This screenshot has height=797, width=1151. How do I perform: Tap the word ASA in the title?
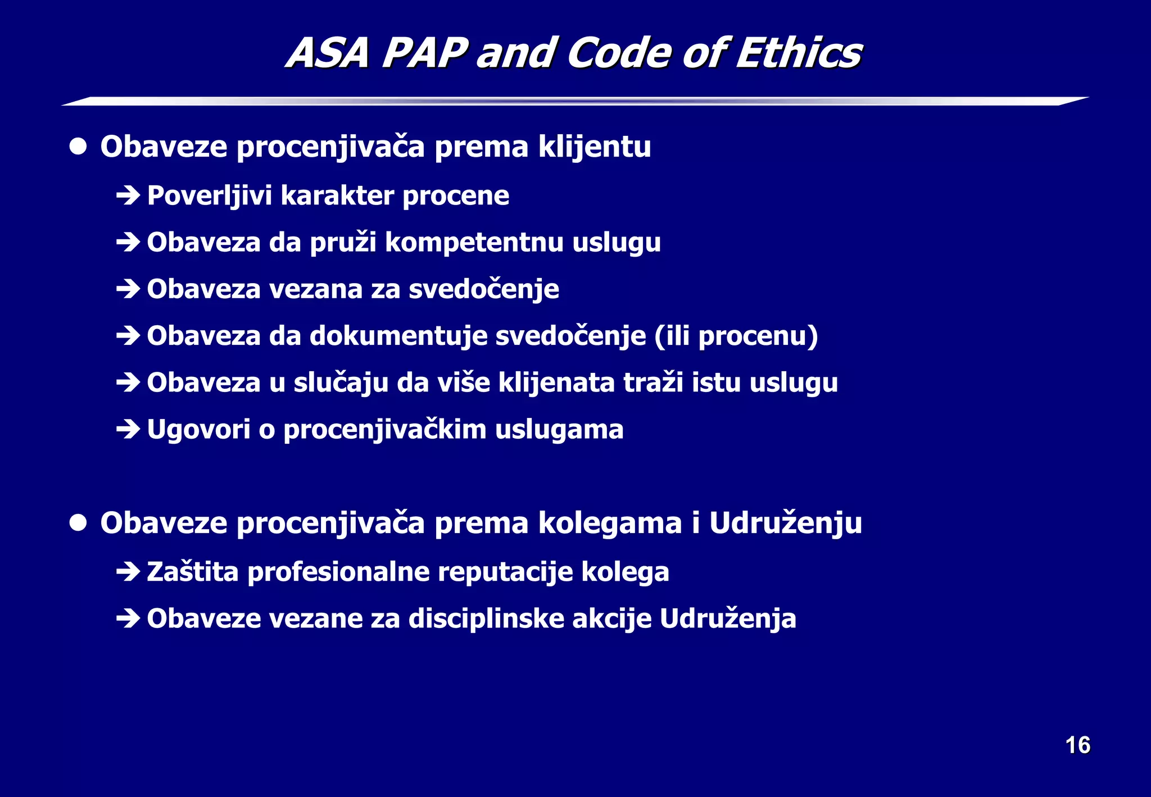[x=328, y=53]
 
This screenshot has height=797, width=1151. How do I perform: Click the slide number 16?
[x=1077, y=745]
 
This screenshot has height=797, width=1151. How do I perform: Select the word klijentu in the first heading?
[x=594, y=147]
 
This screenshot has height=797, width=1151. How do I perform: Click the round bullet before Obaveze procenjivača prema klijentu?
[x=78, y=147]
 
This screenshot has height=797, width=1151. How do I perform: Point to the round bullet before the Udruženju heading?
[x=78, y=523]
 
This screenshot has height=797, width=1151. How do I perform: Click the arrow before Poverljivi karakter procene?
[x=128, y=196]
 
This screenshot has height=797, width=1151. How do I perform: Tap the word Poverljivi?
[x=209, y=196]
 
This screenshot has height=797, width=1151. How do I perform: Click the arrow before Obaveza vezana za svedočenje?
[x=128, y=289]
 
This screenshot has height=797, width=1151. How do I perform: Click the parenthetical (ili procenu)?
[x=736, y=336]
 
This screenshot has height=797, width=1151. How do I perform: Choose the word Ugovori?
[x=198, y=430]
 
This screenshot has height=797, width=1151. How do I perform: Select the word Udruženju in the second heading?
[x=785, y=523]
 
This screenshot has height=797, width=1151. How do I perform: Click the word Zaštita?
[x=192, y=572]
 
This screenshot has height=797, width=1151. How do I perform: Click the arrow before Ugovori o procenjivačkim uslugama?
[x=128, y=430]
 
